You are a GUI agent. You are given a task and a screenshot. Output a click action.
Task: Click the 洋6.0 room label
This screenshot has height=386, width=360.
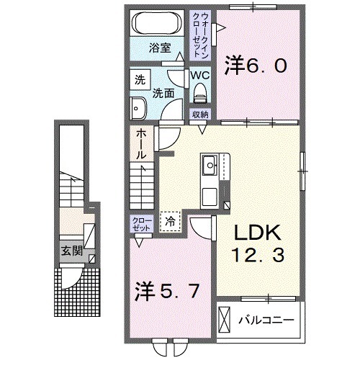[258, 66]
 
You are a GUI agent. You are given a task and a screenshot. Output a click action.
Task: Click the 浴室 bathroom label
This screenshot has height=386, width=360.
[160, 49]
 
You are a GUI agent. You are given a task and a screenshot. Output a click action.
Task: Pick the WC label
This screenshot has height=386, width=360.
[199, 74]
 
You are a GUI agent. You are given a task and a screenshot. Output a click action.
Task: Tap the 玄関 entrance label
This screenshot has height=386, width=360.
[70, 251]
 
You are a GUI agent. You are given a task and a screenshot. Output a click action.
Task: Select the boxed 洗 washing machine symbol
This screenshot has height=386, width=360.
[140, 81]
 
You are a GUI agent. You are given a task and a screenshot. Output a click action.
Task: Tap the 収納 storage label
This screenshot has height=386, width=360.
[199, 115]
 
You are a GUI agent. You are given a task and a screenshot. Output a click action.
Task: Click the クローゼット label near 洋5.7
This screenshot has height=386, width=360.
[140, 223]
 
